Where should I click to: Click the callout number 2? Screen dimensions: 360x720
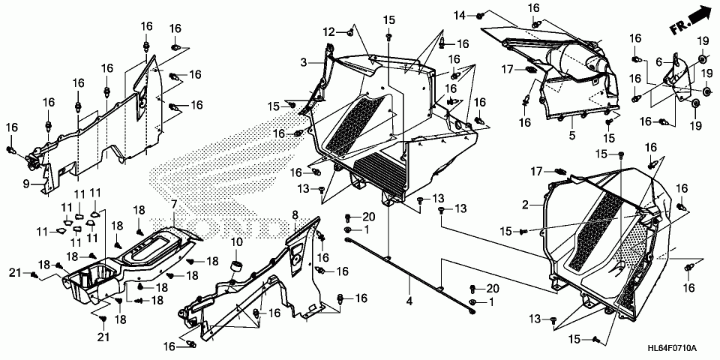click(x=527, y=204)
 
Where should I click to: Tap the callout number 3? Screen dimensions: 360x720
click(x=304, y=61)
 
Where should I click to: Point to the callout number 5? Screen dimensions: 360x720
click(x=571, y=136)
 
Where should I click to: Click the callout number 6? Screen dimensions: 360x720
click(x=659, y=62)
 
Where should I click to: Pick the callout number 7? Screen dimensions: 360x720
click(x=173, y=204)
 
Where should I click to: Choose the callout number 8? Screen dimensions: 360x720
click(x=295, y=215)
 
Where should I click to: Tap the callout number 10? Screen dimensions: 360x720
click(x=237, y=241)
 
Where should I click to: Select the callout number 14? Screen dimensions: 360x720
click(x=459, y=15)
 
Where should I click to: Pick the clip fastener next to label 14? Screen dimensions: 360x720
click(x=480, y=15)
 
